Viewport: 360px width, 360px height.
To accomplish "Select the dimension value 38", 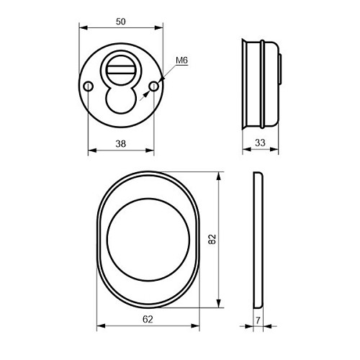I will (x=121, y=144).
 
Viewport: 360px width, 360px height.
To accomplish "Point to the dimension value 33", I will (x=260, y=144).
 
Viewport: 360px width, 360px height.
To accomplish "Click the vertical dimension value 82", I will (x=212, y=239).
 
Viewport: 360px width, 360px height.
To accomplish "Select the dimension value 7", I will (x=258, y=318).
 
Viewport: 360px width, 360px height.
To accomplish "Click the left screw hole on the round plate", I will (x=88, y=86).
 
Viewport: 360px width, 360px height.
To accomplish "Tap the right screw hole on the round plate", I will (x=153, y=86).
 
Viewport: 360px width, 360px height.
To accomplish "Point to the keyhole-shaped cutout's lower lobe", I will (x=121, y=101).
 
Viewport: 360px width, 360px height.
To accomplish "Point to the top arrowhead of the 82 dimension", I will (x=219, y=175).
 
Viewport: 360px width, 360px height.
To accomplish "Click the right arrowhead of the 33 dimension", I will (x=276, y=151).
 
